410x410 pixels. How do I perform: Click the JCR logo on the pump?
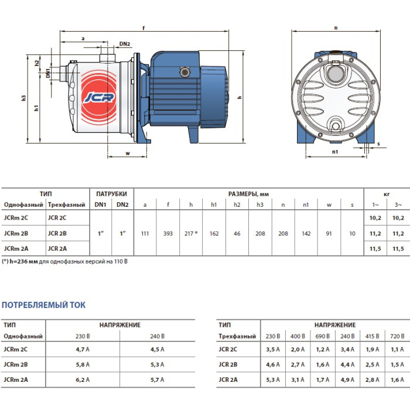click(x=99, y=97)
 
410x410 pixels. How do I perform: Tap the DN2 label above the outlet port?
click(x=125, y=44)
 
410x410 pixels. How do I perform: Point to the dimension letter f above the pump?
click(x=143, y=28)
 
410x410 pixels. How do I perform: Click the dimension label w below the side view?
click(x=128, y=153)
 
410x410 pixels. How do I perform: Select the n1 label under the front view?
click(x=335, y=152)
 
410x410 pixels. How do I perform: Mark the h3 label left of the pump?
click(x=24, y=98)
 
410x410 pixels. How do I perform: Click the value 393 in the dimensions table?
click(x=168, y=234)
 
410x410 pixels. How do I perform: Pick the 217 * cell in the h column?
click(x=191, y=234)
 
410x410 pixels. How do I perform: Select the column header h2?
click(x=237, y=205)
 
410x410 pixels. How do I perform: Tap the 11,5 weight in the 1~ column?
click(x=375, y=249)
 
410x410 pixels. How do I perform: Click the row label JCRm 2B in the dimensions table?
click(x=16, y=233)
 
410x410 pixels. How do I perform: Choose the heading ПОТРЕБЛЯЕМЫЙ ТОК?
click(x=44, y=305)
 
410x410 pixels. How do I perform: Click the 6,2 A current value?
click(x=83, y=380)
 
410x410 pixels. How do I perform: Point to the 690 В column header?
click(x=322, y=336)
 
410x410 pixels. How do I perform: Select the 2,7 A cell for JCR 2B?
click(x=298, y=364)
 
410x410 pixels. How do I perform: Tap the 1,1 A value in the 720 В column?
click(x=397, y=349)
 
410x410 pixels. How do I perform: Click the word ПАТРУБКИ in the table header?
click(x=111, y=194)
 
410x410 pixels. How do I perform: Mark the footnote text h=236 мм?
click(x=24, y=261)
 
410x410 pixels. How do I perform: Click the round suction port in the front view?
click(x=336, y=74)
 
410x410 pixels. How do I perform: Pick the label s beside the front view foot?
click(x=378, y=143)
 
